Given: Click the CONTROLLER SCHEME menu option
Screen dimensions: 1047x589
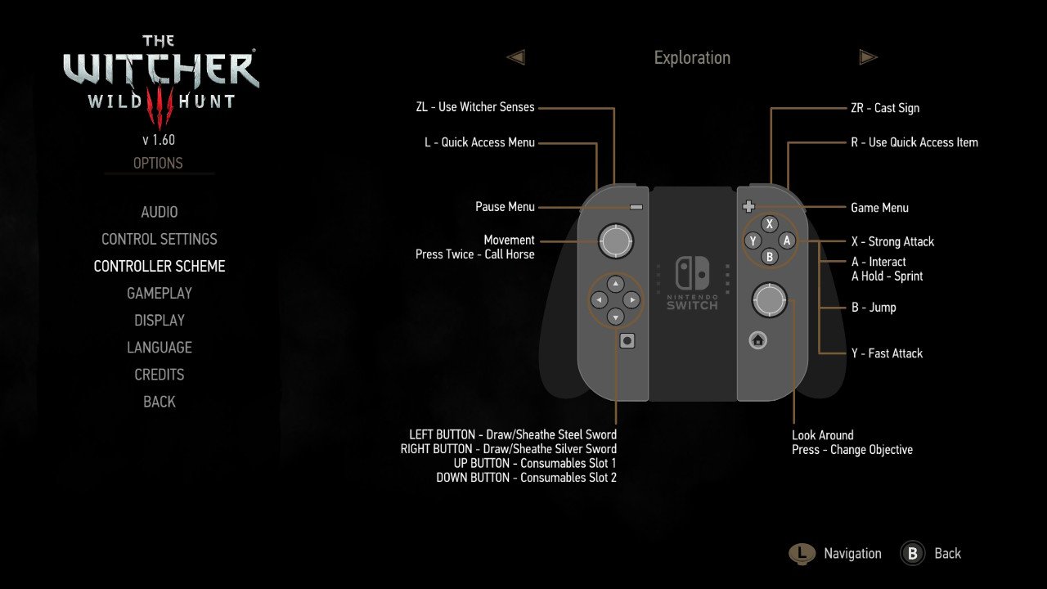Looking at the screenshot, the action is [x=160, y=267].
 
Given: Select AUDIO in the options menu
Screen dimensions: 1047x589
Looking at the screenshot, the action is [x=160, y=212].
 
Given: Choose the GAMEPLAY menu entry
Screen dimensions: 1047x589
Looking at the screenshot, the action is [x=160, y=294].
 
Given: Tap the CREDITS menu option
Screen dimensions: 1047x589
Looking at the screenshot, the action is [x=160, y=375].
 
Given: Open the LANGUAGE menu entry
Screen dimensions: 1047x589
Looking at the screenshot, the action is [x=160, y=348].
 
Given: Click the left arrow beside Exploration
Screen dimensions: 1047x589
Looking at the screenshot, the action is [x=516, y=57].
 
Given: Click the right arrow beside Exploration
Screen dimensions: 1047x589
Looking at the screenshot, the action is [x=869, y=57].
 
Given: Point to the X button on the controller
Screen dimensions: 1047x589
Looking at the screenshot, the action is [x=770, y=224].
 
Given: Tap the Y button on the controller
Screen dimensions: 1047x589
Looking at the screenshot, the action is [x=753, y=241].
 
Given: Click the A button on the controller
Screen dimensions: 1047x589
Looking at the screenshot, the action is [x=787, y=241].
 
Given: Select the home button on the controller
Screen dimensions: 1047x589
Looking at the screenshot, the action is [x=757, y=340].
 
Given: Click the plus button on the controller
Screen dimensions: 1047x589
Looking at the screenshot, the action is [x=748, y=206].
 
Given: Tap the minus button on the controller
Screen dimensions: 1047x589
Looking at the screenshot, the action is [x=636, y=207].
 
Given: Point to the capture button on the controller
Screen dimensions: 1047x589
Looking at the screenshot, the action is [x=627, y=341].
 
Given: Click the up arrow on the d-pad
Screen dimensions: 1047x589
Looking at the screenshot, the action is [x=616, y=284].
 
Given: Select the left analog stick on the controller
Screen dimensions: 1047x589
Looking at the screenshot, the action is [x=616, y=241].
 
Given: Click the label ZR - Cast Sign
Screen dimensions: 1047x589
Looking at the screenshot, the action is [x=885, y=108].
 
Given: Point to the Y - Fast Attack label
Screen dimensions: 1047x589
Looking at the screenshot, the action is [x=887, y=353].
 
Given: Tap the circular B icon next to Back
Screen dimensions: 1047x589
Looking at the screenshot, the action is [x=912, y=554].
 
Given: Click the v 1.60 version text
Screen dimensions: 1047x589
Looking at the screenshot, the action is [x=159, y=140].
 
